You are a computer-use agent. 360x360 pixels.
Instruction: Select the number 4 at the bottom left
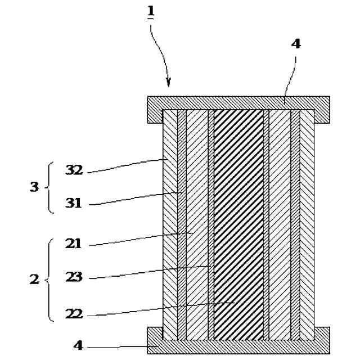click(78, 345)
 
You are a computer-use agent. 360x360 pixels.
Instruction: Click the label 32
click(74, 170)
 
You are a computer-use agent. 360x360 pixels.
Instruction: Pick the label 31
click(74, 203)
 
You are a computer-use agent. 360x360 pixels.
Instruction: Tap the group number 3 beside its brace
click(34, 187)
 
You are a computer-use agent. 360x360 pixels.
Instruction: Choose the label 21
click(73, 244)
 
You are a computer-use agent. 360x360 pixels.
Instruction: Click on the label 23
click(74, 277)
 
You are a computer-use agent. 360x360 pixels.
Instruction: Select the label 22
click(74, 313)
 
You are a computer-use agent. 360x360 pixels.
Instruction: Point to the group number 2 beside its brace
click(34, 279)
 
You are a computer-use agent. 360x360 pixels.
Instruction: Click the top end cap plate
click(238, 103)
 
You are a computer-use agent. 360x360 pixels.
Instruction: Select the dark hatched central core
click(238, 225)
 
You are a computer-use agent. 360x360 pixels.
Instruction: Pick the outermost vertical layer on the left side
click(169, 225)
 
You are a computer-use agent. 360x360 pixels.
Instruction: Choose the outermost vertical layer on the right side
click(307, 225)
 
